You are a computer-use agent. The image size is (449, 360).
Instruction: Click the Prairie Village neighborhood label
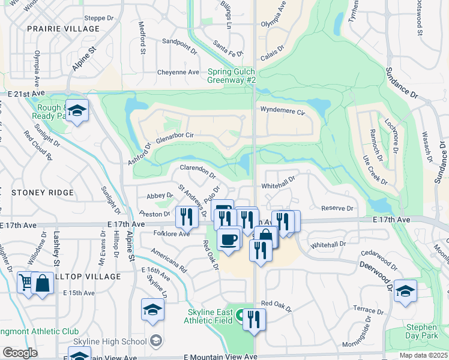tap(63, 29)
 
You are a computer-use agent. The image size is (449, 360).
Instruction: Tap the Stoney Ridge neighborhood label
tap(42, 193)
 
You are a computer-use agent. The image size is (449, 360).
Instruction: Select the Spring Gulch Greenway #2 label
tap(232, 76)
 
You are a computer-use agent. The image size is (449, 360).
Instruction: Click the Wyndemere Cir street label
tap(283, 110)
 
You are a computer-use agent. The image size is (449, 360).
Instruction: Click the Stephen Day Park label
tap(421, 332)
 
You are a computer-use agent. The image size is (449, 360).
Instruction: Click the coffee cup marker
tap(228, 239)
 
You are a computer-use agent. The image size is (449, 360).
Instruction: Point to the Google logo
tap(20, 353)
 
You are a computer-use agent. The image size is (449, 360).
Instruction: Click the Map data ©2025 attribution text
tap(423, 355)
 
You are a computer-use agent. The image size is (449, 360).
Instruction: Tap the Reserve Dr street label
tap(337, 208)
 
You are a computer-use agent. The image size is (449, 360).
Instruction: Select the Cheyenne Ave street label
tap(178, 72)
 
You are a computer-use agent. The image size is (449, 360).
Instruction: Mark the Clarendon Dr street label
tap(197, 171)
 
